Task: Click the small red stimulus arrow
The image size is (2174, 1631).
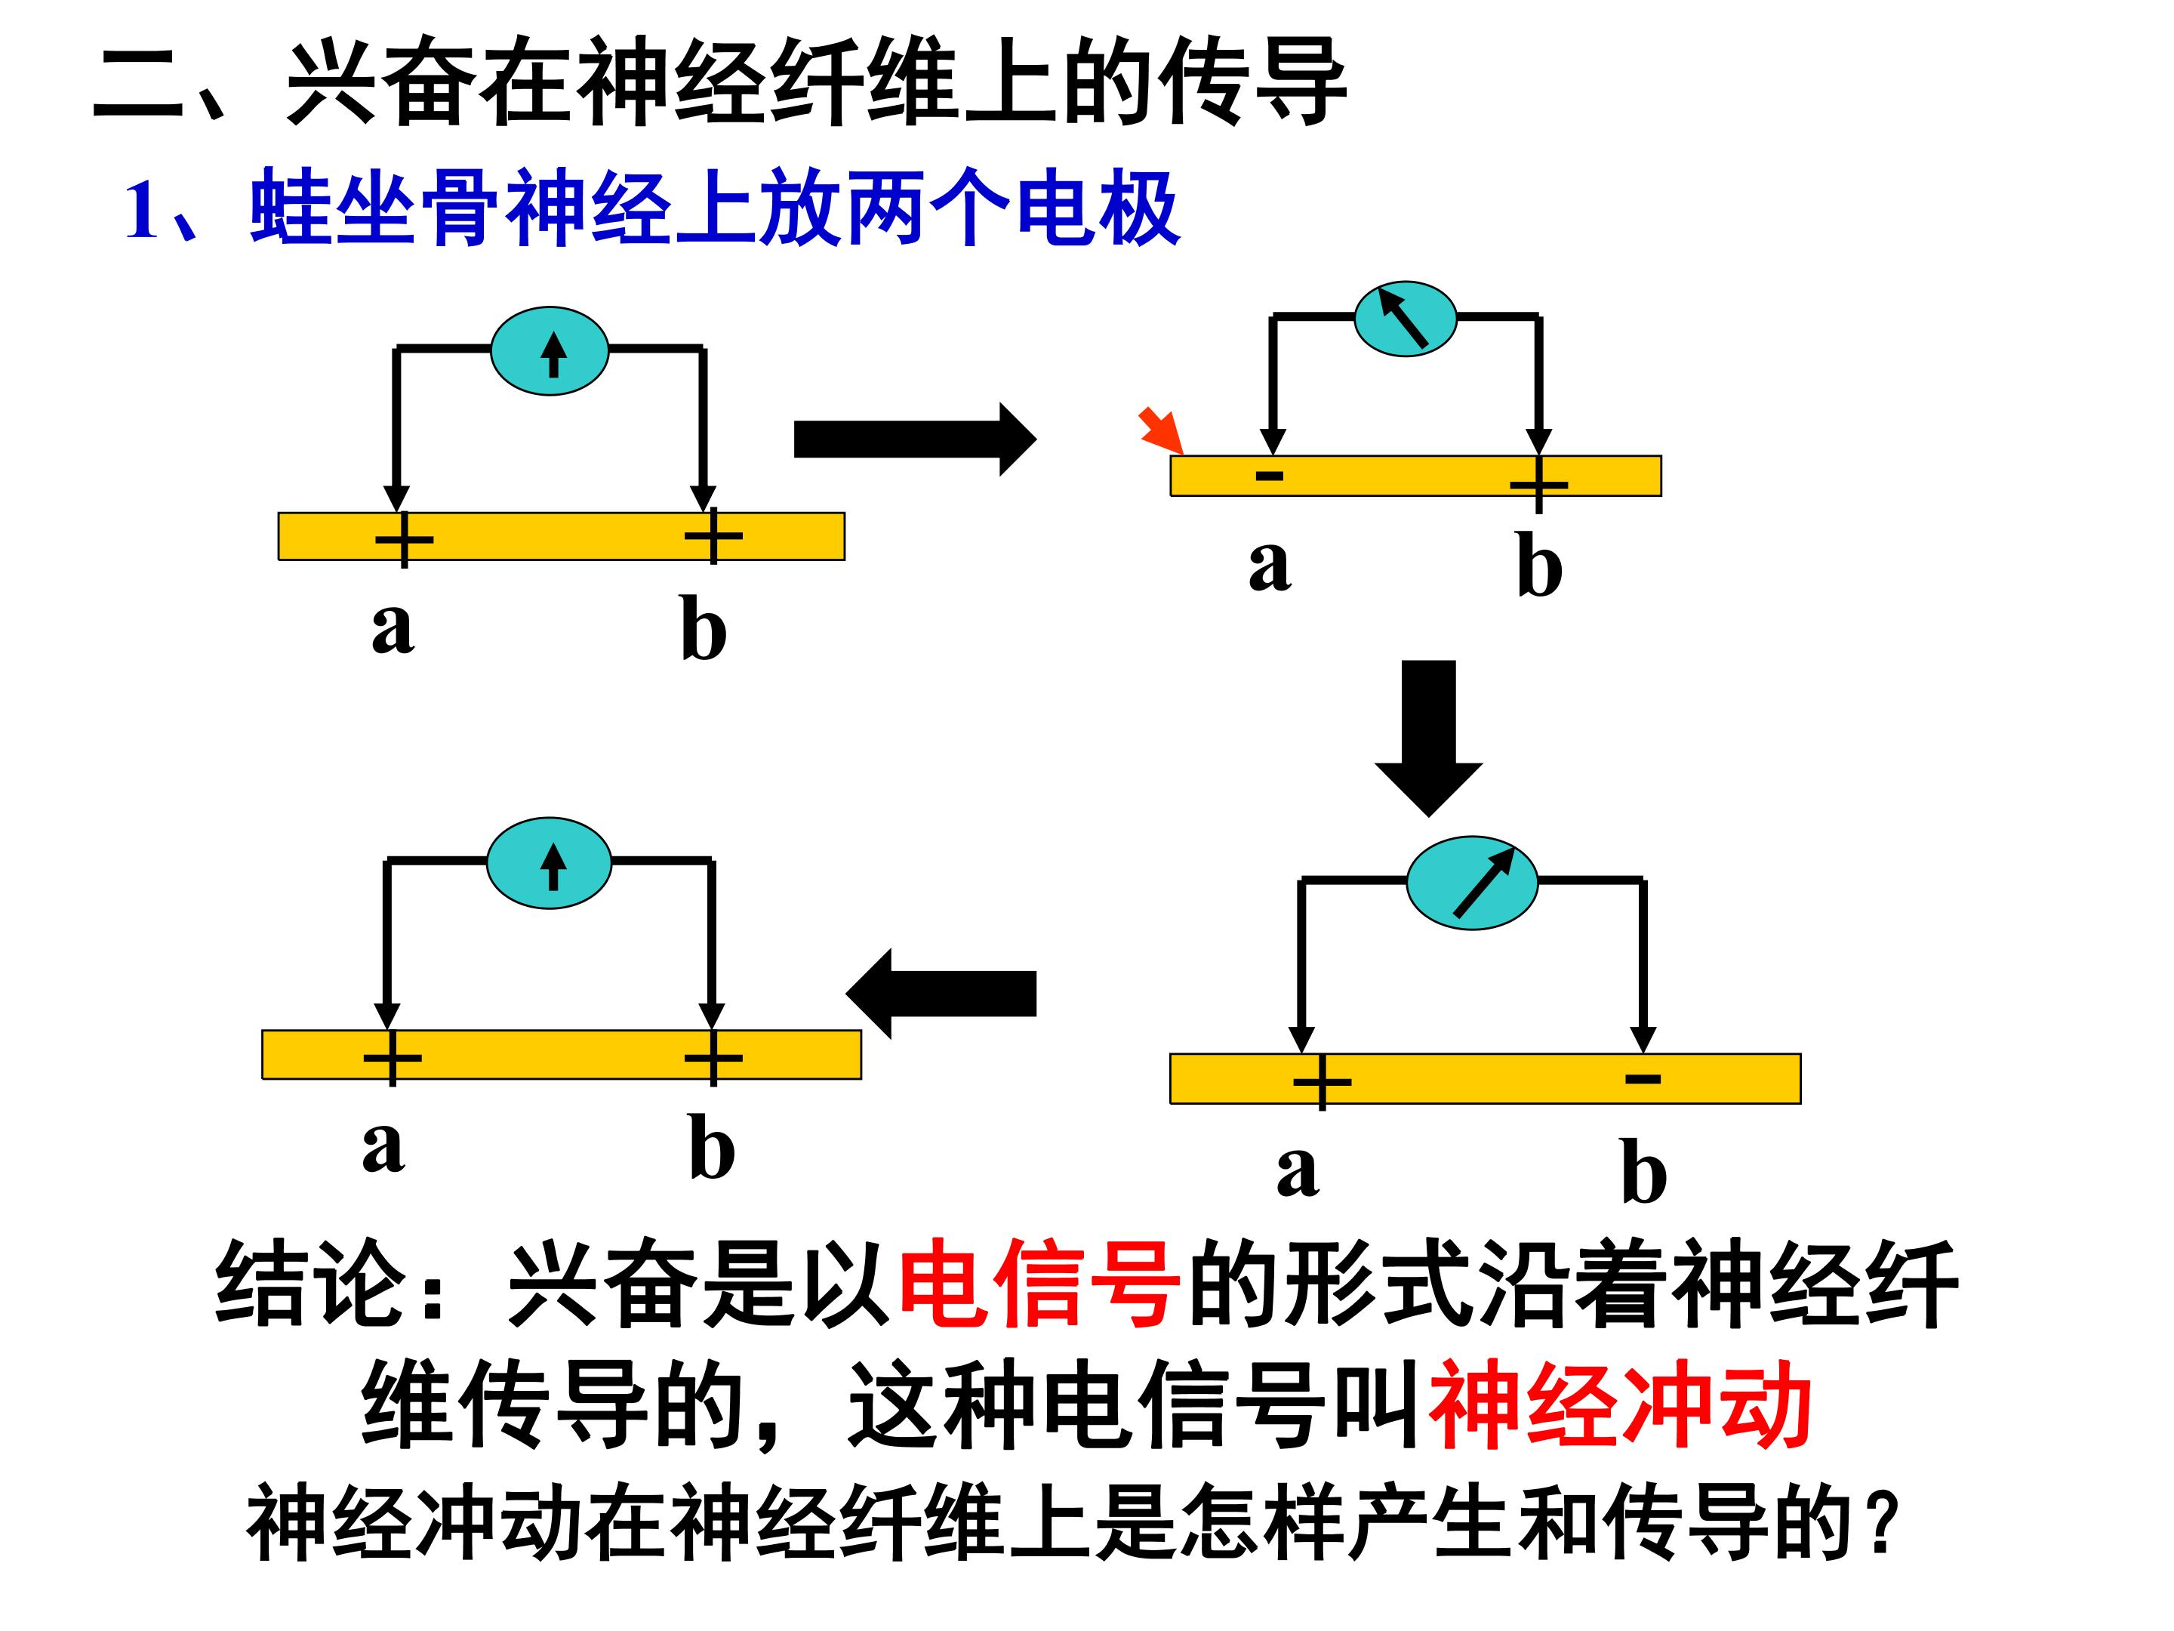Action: coord(1161,430)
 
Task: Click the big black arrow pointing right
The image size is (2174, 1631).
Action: coord(915,439)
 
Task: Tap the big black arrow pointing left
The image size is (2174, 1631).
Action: coord(941,993)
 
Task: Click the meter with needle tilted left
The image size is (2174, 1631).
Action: coord(1406,319)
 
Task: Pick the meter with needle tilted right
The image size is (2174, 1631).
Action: coord(1471,883)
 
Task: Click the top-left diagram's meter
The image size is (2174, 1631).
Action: coord(550,351)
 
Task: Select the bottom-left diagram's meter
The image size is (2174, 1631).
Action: coord(550,863)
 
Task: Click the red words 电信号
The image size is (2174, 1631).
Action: coord(1039,1285)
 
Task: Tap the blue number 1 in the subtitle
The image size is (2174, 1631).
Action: coord(143,211)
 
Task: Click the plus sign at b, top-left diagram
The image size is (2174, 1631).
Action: coord(713,536)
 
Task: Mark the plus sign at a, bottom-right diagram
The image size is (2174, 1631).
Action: coord(1322,1081)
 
